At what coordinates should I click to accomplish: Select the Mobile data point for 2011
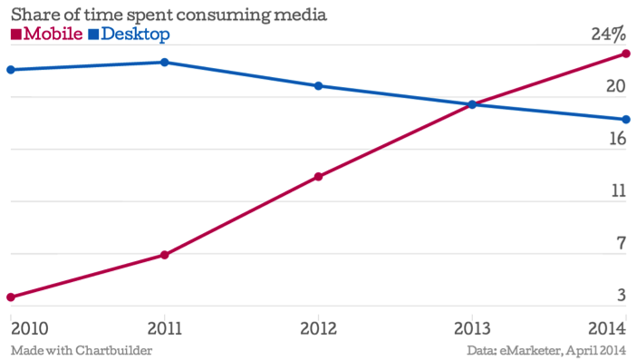pos(164,255)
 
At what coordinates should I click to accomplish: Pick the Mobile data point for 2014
pos(625,54)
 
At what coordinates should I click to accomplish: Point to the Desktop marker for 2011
pos(164,63)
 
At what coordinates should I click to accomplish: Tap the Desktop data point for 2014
pos(625,119)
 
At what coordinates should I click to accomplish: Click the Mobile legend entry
pos(47,35)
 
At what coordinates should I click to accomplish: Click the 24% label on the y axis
pos(607,35)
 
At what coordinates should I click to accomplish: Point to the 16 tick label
pos(616,139)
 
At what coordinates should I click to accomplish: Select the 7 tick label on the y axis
pos(621,243)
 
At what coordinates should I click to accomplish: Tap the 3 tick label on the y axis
pos(621,295)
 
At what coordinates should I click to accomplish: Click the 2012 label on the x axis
pos(318,327)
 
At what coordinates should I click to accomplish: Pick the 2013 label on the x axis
pos(471,327)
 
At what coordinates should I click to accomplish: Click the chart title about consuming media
pos(168,15)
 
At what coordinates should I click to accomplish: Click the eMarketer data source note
pos(546,350)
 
